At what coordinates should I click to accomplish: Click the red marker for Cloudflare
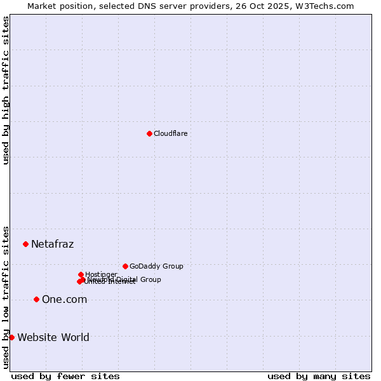click(x=150, y=133)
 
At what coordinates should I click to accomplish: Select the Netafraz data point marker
click(x=26, y=244)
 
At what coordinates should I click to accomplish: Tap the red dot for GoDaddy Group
click(x=126, y=266)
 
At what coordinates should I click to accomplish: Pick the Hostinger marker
click(x=81, y=274)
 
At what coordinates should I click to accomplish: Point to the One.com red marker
click(x=36, y=299)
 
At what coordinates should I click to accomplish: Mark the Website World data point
click(x=11, y=337)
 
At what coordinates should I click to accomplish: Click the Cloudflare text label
click(x=170, y=133)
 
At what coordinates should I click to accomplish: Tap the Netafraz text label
click(x=52, y=244)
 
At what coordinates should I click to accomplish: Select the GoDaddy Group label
click(x=156, y=266)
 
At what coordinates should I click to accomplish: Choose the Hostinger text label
click(x=101, y=274)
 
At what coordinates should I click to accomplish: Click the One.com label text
click(x=64, y=299)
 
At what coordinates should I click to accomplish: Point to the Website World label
click(x=53, y=337)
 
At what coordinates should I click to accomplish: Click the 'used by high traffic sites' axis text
click(x=6, y=90)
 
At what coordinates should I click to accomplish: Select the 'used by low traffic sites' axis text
click(x=6, y=297)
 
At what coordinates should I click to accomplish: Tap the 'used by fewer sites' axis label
click(x=65, y=376)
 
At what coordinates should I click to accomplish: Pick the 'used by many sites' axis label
click(x=319, y=376)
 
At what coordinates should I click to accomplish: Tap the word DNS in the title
click(x=143, y=6)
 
